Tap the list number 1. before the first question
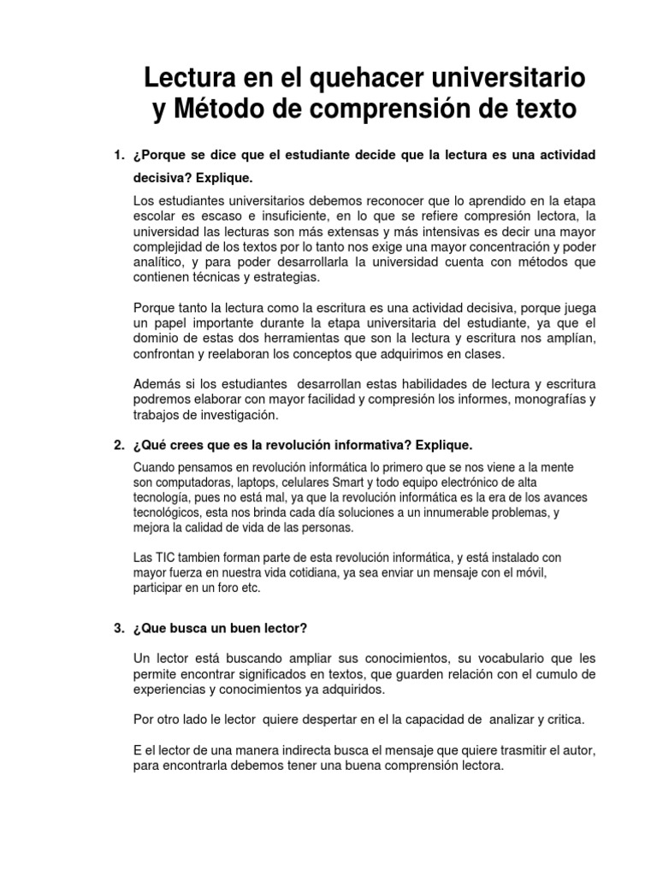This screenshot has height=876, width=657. pyautogui.click(x=119, y=155)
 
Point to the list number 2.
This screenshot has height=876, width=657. pyautogui.click(x=119, y=446)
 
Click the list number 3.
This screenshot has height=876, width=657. pyautogui.click(x=119, y=629)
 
